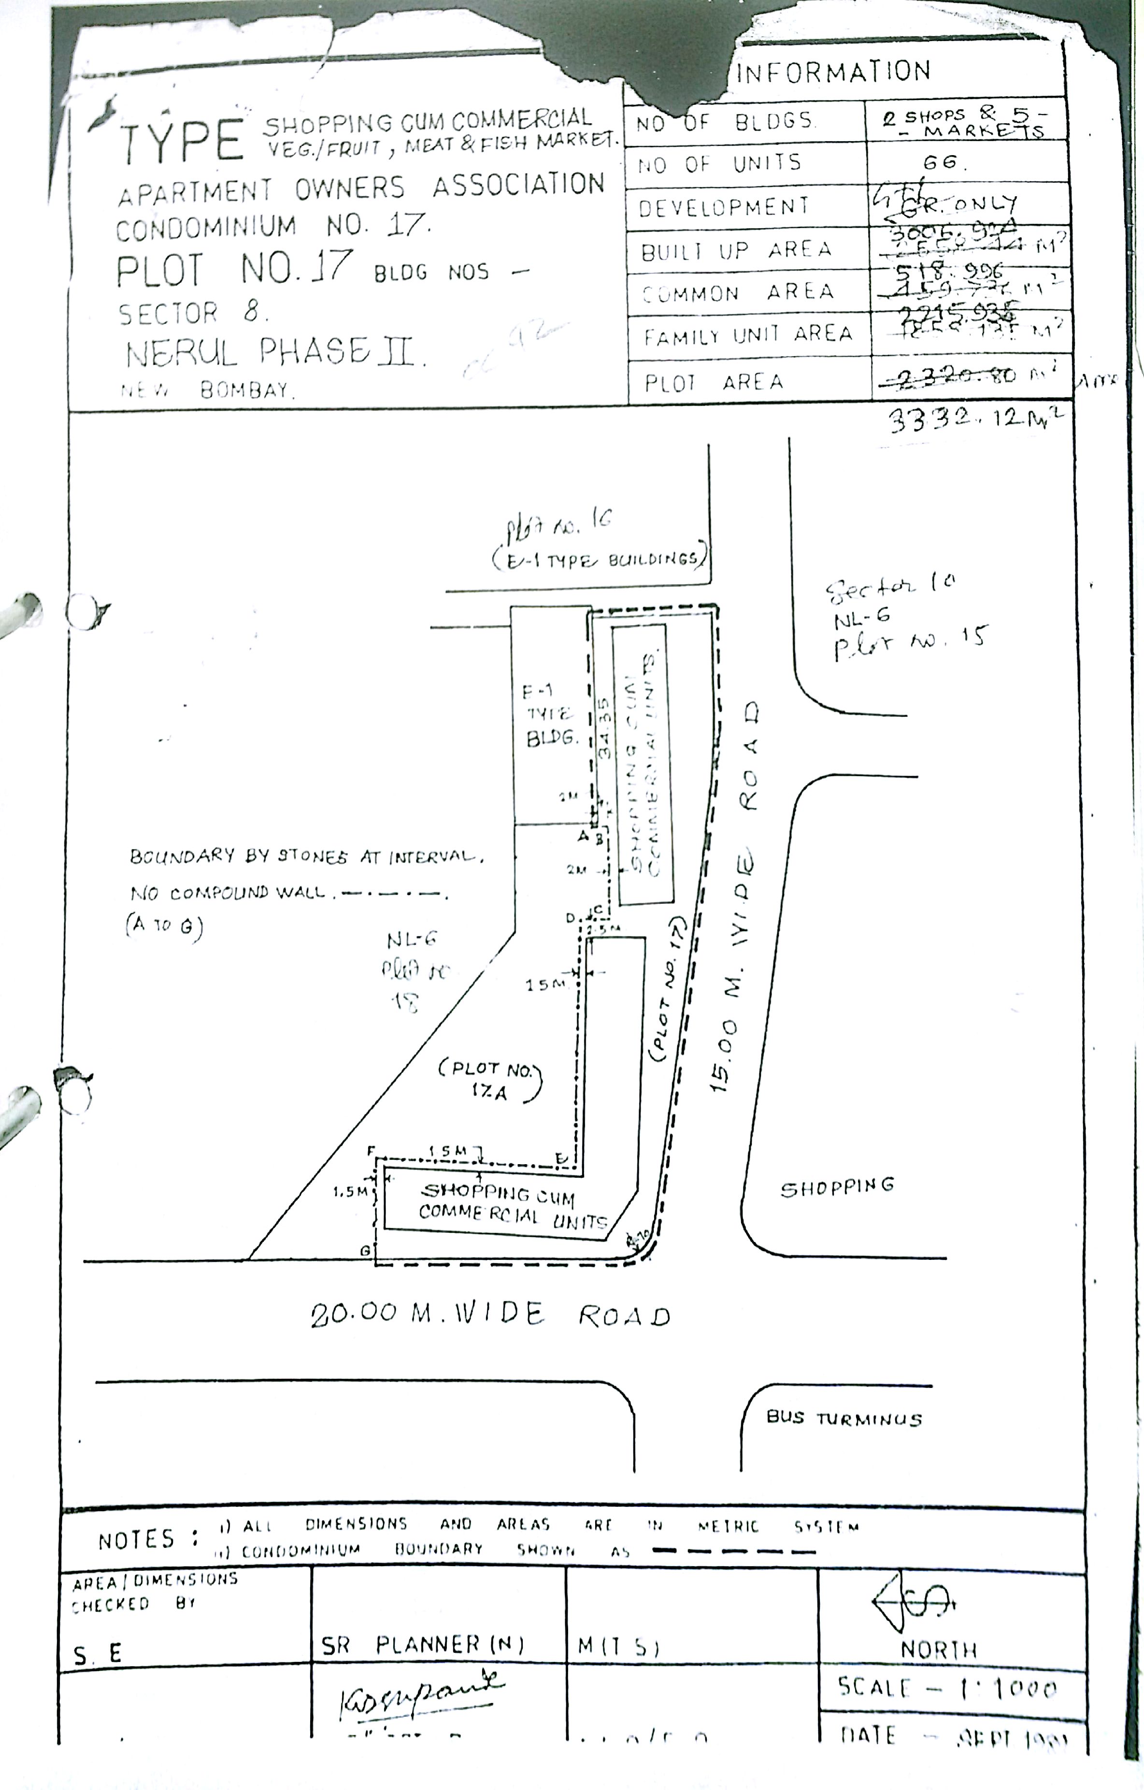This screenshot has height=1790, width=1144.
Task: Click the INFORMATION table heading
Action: [832, 72]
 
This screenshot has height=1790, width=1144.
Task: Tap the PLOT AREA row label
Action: [714, 382]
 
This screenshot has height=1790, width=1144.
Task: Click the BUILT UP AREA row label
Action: [736, 250]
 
